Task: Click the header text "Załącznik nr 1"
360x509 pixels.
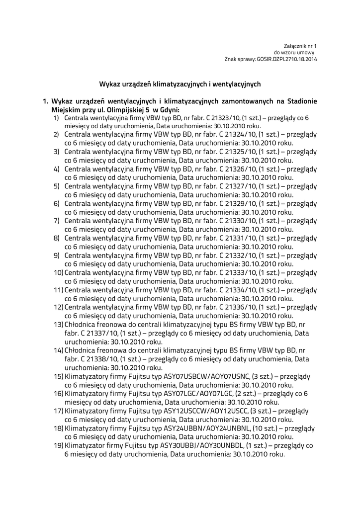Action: (x=300, y=46)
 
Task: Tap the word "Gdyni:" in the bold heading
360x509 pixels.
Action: (x=169, y=109)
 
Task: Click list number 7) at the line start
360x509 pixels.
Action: (x=57, y=221)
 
